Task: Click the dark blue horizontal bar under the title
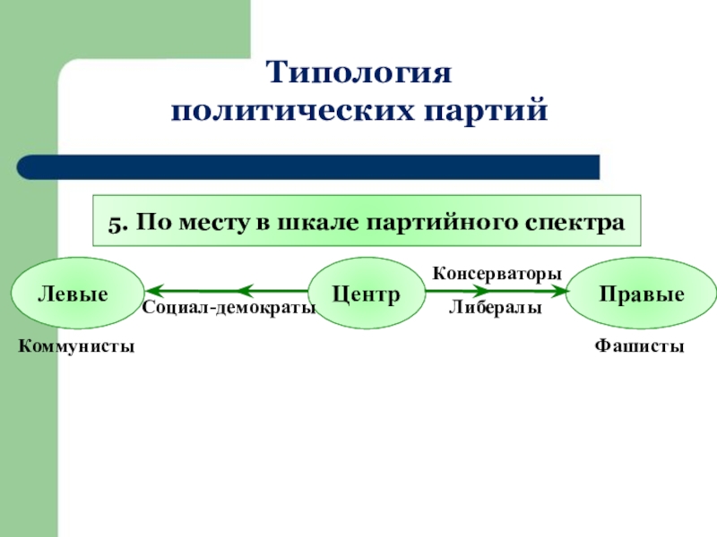pyautogui.click(x=308, y=166)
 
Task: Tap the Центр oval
pyautogui.click(x=366, y=294)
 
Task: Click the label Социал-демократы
pyautogui.click(x=229, y=308)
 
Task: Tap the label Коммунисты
pyautogui.click(x=77, y=345)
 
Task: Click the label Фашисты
pyautogui.click(x=639, y=345)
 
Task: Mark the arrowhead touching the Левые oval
pyautogui.click(x=154, y=291)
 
